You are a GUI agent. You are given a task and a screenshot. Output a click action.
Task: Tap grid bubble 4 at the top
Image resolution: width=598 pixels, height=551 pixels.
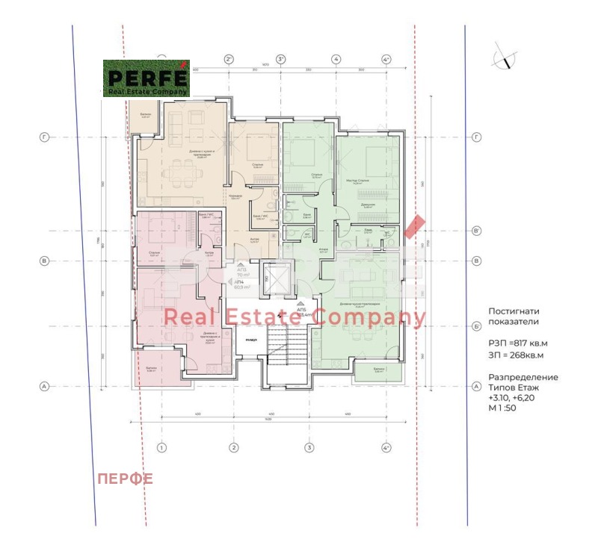336,59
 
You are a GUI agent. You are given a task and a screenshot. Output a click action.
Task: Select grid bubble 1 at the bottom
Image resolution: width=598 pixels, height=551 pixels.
160,448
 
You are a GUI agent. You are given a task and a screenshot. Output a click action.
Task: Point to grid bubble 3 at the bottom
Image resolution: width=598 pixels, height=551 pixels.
308,448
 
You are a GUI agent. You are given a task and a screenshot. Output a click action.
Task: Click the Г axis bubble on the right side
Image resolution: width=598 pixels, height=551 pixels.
476,137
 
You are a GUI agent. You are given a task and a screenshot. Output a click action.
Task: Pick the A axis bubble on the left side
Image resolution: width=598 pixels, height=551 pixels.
44,386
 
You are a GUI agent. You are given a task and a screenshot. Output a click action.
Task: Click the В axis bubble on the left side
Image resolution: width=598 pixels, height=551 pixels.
44,261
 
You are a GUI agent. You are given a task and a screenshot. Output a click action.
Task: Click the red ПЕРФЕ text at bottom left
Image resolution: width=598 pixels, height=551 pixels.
125,479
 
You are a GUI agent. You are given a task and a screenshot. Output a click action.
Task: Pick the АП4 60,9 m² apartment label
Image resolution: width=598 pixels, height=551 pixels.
241,284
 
